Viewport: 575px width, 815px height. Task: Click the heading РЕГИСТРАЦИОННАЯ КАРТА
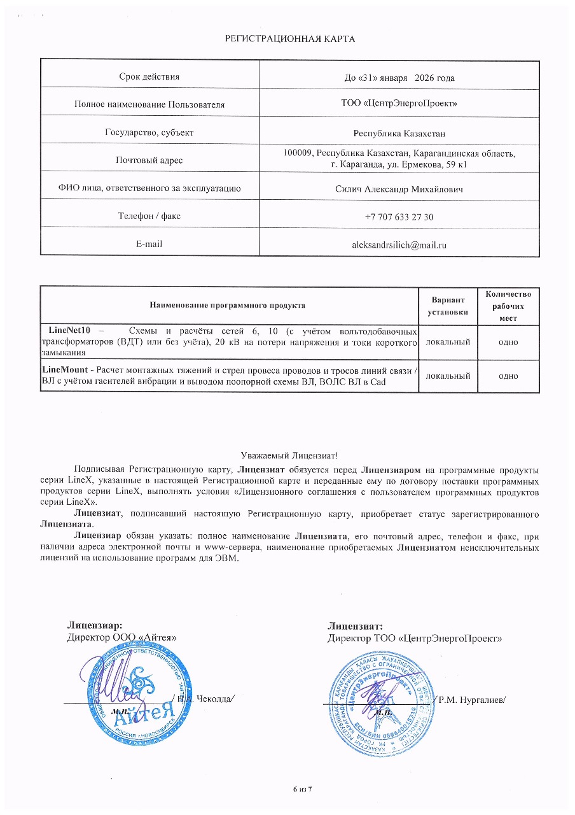pyautogui.click(x=290, y=39)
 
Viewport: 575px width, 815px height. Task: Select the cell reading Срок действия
pyautogui.click(x=149, y=76)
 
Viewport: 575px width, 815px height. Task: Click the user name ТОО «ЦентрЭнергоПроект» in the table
pyautogui.click(x=399, y=103)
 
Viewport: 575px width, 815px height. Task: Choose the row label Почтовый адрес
pyautogui.click(x=149, y=160)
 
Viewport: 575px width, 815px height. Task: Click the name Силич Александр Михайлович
pyautogui.click(x=399, y=190)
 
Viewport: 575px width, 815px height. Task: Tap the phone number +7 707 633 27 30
pyautogui.click(x=399, y=217)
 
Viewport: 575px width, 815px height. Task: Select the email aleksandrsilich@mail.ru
pyautogui.click(x=399, y=244)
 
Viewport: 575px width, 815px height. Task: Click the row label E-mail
pyautogui.click(x=149, y=244)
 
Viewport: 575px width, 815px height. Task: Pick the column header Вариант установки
pyautogui.click(x=448, y=306)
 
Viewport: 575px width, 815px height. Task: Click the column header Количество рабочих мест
pyautogui.click(x=508, y=306)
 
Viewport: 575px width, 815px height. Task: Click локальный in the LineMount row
pyautogui.click(x=448, y=376)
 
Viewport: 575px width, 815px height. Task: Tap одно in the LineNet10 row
pyautogui.click(x=508, y=342)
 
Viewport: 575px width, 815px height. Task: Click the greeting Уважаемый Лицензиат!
pyautogui.click(x=289, y=455)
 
